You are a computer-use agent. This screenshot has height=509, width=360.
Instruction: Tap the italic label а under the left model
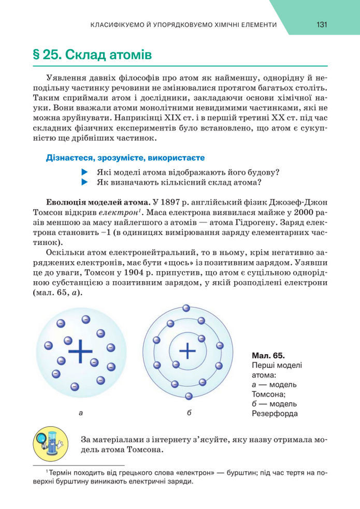80,413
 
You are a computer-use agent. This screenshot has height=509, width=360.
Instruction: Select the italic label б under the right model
189,413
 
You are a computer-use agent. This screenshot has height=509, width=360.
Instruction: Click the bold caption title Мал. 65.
268,356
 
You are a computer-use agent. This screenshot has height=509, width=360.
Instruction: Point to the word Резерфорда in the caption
275,414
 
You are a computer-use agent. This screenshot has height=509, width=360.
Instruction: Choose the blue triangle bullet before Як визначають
85,182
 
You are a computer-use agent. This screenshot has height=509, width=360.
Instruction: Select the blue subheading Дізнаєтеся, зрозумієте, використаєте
125,157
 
